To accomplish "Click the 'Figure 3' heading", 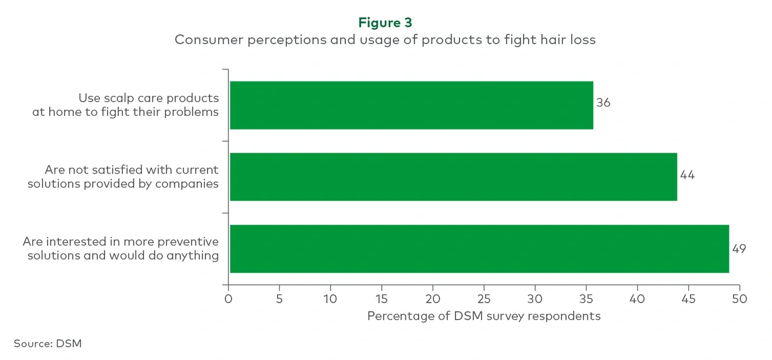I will [x=385, y=23].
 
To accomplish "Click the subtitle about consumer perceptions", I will [x=385, y=40].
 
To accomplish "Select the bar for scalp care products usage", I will [x=411, y=105].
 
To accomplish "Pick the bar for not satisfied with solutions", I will [x=453, y=176].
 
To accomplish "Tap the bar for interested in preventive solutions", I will [x=479, y=248].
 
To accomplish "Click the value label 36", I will [x=603, y=103].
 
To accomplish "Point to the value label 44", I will [x=687, y=175].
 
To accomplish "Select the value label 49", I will [x=739, y=248].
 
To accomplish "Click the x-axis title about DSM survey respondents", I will [x=483, y=316].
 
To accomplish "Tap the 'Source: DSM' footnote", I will [x=48, y=343].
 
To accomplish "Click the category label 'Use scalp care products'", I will [x=148, y=98].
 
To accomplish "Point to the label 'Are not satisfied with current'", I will [x=131, y=170].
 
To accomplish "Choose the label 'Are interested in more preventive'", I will [x=121, y=242].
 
